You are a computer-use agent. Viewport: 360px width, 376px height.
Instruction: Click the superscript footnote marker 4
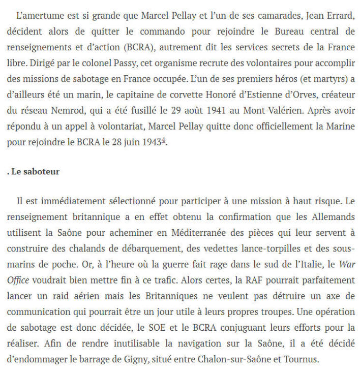pyautogui.click(x=163, y=141)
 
